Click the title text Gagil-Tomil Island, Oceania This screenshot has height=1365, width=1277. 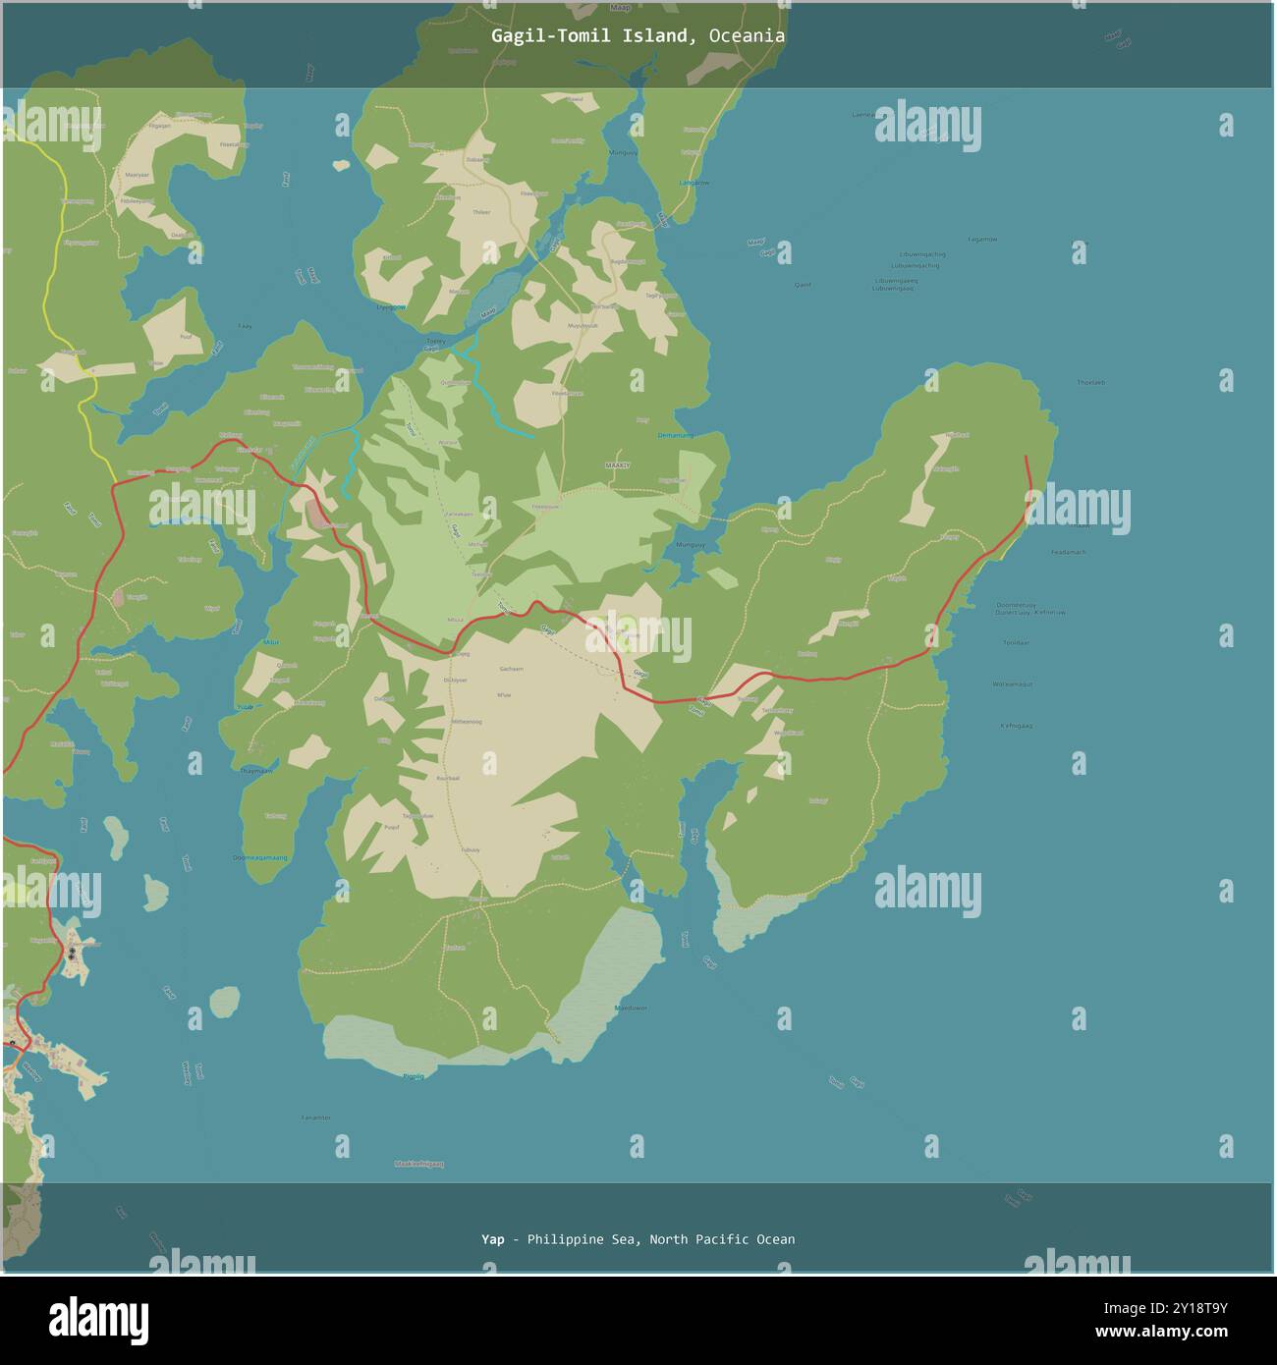[638, 36]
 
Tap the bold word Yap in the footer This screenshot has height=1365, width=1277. [492, 1239]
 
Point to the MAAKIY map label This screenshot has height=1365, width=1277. [617, 464]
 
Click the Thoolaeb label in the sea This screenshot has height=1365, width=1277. [1090, 382]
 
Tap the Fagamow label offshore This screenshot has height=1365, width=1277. [981, 239]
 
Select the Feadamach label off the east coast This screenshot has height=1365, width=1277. [1068, 552]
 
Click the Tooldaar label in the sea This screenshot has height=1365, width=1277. [1016, 643]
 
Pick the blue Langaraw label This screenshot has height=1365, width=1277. [693, 183]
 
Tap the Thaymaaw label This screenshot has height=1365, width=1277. [256, 771]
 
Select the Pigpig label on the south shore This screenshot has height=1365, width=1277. [414, 1076]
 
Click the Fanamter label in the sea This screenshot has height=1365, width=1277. [316, 1118]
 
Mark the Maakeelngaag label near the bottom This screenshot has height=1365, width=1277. [419, 1164]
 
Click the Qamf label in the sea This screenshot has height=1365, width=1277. [803, 285]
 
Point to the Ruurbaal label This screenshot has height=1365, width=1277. [447, 777]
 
